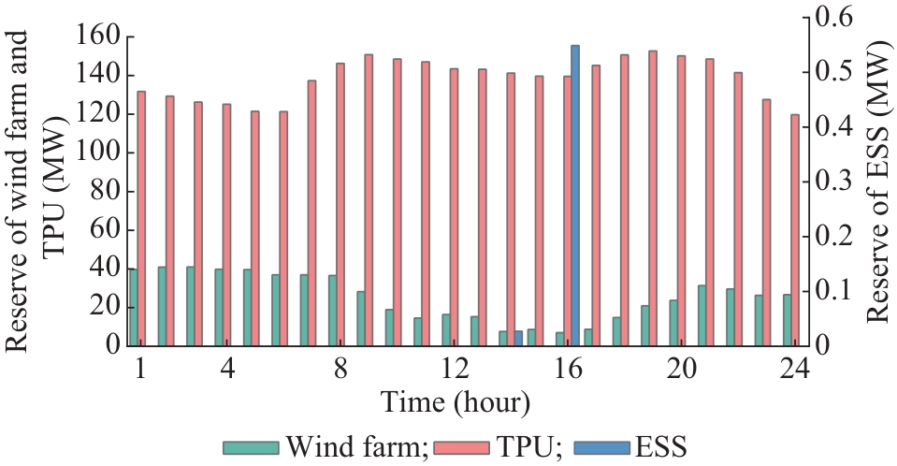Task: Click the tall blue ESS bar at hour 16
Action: point(575,196)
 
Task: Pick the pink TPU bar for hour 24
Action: point(795,230)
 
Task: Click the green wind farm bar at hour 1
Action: point(133,307)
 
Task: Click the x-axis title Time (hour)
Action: point(456,403)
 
